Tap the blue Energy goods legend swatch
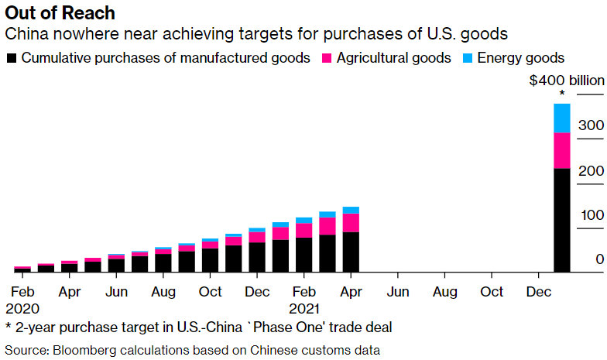click(468, 58)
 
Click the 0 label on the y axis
click(599, 259)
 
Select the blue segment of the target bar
click(562, 118)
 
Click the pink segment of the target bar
click(562, 151)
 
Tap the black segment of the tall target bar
click(562, 220)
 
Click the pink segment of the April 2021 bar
click(351, 223)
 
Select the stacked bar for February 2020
click(22, 269)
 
